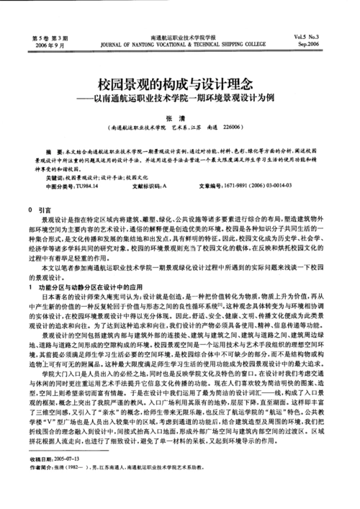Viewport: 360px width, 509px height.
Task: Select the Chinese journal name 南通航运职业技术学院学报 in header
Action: [x=179, y=36]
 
